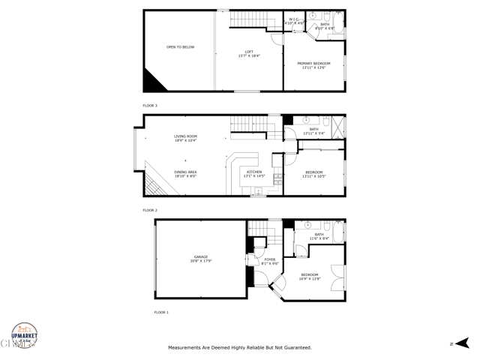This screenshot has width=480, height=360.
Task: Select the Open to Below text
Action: (180, 47)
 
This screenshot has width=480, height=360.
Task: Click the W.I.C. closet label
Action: (295, 19)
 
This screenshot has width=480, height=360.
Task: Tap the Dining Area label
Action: (185, 172)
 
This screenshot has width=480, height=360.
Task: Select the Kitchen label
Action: (255, 172)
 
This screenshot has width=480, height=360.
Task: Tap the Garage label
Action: (201, 256)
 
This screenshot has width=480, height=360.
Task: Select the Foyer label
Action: (270, 260)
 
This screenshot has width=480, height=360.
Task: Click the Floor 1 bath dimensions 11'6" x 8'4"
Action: (319, 238)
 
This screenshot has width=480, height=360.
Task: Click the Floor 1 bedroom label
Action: (310, 274)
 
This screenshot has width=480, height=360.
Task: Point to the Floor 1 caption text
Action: (161, 311)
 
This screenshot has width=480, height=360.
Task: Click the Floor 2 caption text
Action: (150, 210)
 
